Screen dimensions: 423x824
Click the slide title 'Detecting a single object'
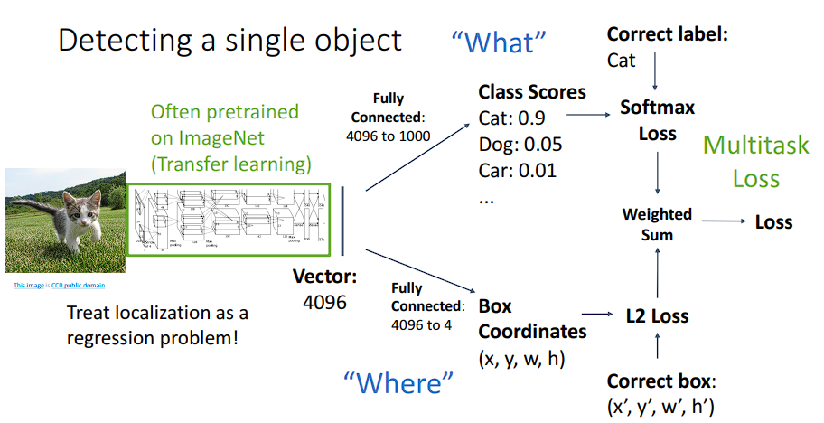click(229, 40)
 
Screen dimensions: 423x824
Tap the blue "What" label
click(500, 42)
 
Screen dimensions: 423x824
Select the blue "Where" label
click(398, 382)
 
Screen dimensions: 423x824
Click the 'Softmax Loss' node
click(657, 120)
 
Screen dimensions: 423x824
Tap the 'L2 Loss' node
click(657, 316)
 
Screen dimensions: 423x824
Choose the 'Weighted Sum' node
click(657, 224)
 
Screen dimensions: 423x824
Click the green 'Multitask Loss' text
click(756, 161)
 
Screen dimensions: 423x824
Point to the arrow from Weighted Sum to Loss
click(723, 221)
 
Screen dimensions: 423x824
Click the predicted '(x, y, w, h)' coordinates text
click(521, 359)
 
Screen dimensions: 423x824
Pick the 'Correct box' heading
click(661, 381)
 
